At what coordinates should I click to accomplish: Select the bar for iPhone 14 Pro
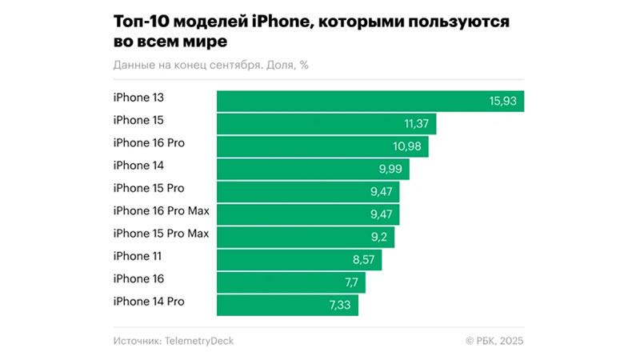[x=287, y=306]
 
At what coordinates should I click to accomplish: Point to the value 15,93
[x=503, y=101]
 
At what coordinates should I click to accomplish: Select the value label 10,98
[x=409, y=146]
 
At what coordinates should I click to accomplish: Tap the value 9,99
[x=390, y=169]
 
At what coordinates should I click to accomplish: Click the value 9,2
[x=379, y=238]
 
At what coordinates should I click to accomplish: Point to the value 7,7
[x=351, y=282]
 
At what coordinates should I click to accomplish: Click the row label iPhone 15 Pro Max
[x=161, y=234]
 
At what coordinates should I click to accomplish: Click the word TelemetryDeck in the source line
[x=199, y=341]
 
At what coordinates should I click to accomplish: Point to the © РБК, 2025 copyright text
[x=494, y=341]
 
